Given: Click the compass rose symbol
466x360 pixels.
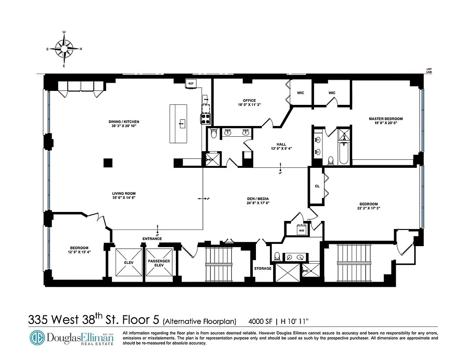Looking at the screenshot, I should point(64,49).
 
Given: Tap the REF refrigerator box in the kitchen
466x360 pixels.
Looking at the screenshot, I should point(191,83).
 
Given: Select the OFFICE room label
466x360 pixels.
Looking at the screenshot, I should point(249,100).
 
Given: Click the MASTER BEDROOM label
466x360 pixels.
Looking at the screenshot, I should point(385,119).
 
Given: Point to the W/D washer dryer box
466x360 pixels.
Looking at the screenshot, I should point(301,230).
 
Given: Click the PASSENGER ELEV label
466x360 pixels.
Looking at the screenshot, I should point(159,263).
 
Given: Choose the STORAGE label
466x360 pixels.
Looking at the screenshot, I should point(263,269).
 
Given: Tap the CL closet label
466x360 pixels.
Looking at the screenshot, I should point(317,186).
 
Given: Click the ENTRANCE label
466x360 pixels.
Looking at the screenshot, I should point(152,238).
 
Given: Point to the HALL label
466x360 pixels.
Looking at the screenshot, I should point(282,144).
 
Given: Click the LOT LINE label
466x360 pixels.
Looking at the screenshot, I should point(429,70).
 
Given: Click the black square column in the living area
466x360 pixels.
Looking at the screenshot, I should point(108,162).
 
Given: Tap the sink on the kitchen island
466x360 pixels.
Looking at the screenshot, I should point(183,122).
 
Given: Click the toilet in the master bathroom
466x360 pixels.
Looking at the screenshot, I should point(331,159).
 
